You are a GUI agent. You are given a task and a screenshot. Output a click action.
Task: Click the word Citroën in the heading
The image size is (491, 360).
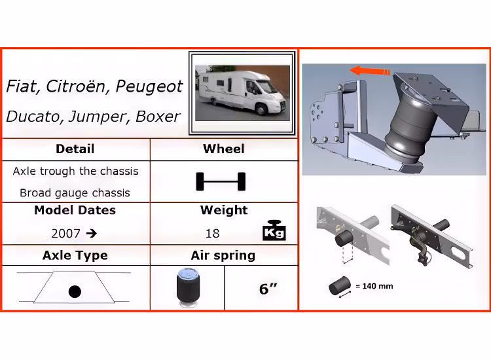77,86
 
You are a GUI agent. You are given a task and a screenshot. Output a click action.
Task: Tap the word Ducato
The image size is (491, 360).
33,117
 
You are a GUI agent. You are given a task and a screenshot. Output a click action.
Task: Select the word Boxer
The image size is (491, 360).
158,117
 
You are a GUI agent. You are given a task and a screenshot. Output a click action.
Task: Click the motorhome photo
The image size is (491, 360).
242,93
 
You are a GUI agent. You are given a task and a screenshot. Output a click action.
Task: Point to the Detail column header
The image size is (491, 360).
75,149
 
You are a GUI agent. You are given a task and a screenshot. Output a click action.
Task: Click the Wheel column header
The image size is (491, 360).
224,149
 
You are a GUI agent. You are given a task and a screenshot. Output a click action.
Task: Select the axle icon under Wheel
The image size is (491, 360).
221,181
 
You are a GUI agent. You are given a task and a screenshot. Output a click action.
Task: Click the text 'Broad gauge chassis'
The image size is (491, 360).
75,193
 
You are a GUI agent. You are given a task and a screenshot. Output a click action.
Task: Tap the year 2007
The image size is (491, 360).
65,234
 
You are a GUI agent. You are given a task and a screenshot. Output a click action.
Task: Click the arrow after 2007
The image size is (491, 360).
92,234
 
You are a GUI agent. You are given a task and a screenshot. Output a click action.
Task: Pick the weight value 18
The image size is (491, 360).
212,234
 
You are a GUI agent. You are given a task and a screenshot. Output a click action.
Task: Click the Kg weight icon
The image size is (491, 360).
274,230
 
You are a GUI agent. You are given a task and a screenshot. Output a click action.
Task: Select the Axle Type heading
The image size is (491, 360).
75,255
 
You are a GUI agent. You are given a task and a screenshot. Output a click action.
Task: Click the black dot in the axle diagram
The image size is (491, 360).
75,292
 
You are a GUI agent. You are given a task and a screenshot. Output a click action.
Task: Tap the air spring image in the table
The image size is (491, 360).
188,288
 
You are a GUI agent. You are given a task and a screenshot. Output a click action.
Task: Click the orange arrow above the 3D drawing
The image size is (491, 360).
370,71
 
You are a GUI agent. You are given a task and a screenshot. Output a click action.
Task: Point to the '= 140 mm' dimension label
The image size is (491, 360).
374,286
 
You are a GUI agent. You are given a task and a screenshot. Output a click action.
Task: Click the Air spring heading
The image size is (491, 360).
223,255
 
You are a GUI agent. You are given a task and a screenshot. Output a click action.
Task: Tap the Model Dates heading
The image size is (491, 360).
75,210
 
